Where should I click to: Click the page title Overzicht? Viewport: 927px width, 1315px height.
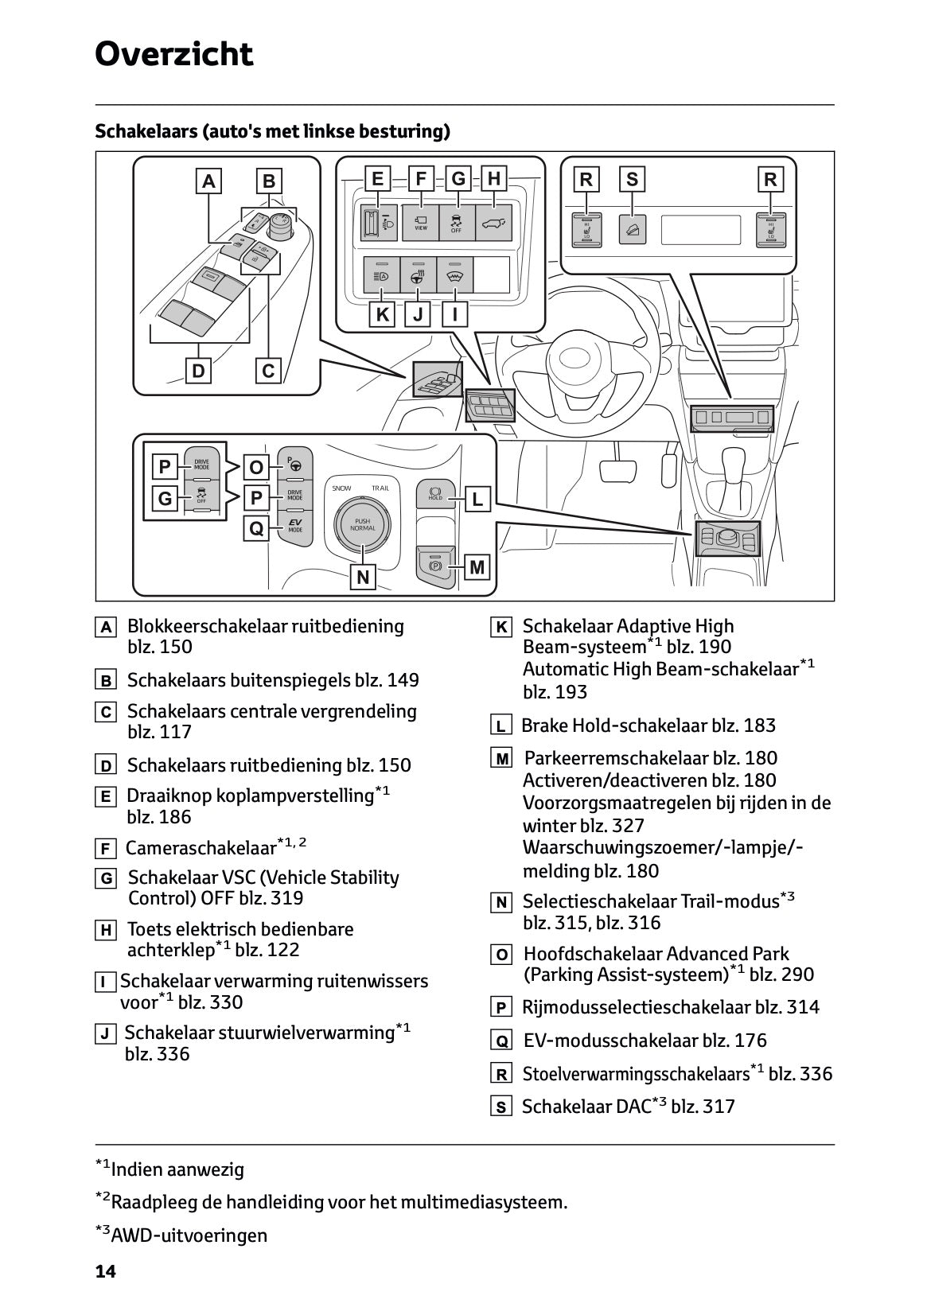[x=173, y=55]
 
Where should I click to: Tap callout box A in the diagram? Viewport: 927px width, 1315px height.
[x=208, y=181]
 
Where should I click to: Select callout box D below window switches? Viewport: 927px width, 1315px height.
[x=198, y=371]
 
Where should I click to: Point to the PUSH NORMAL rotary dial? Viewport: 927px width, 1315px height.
[x=362, y=523]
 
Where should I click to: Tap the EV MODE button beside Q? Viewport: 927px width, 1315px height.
[x=295, y=526]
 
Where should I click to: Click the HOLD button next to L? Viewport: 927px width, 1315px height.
[x=435, y=494]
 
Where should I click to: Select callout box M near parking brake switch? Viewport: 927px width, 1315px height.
[x=477, y=567]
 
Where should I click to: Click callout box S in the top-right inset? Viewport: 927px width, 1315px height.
[x=632, y=179]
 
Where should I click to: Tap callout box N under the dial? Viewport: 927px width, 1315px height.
[x=363, y=577]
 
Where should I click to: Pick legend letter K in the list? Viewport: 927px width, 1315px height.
[x=501, y=628]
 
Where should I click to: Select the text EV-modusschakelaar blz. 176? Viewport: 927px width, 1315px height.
[x=645, y=1041]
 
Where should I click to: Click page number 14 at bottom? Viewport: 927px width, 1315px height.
[x=106, y=1272]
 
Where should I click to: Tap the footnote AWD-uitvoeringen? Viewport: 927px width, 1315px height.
[x=189, y=1235]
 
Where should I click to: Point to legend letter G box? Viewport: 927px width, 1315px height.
[x=105, y=879]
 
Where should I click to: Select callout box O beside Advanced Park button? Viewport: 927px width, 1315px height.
[x=256, y=466]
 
